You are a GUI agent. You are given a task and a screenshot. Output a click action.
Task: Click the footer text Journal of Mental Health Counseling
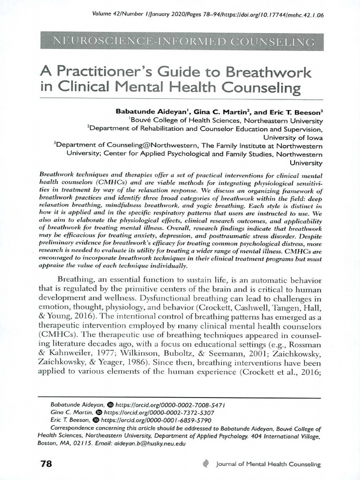(269, 465)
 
